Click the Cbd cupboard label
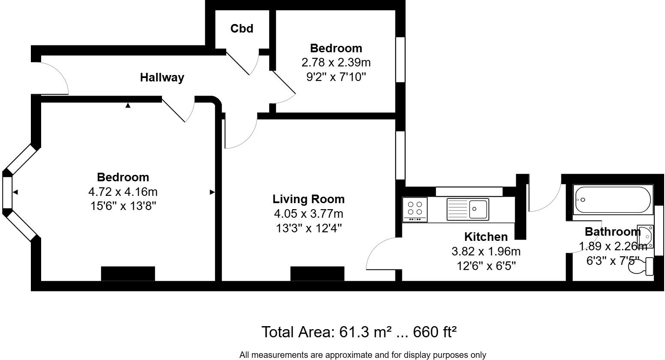coord(242,29)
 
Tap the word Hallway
coord(162,78)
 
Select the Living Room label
coord(309,199)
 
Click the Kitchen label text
coord(486,237)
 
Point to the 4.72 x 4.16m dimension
coord(123,192)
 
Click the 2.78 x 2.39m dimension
coord(336,63)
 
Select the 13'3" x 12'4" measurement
coord(309,228)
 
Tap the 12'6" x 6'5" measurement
coord(486,266)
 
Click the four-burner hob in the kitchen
coord(415,210)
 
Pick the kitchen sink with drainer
coord(467,209)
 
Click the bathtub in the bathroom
coord(613,200)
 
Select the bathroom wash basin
coord(645,237)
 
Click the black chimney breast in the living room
coord(318,273)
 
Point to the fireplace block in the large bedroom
coord(128,273)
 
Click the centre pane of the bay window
coord(7,192)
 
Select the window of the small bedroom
coord(401,60)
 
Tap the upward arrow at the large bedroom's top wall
coord(128,105)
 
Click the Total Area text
coord(359,332)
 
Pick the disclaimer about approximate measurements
coord(363,355)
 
